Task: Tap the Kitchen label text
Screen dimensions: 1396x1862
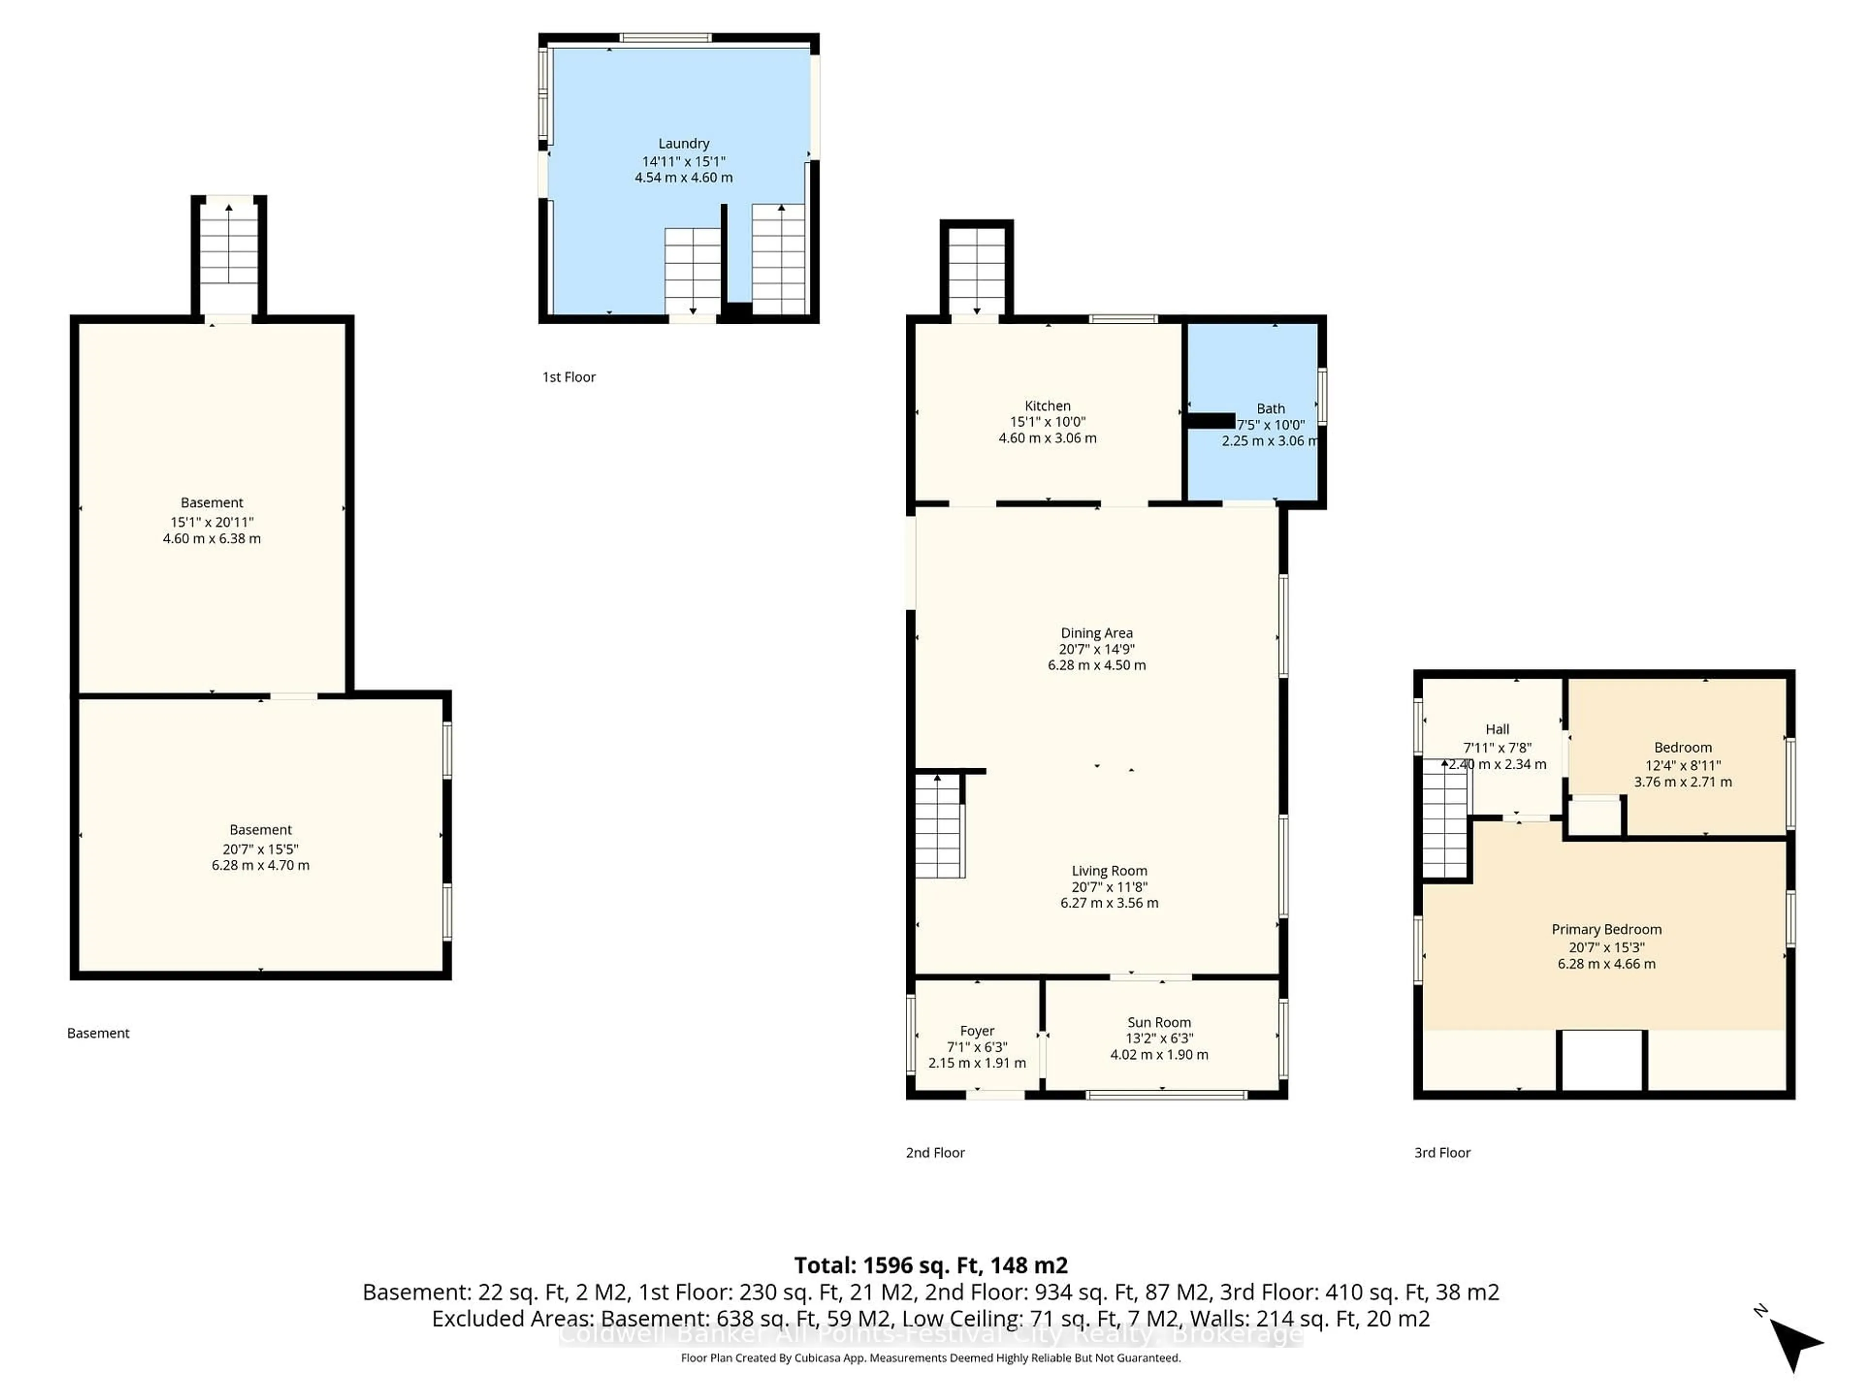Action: [1047, 406]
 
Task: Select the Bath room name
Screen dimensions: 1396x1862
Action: [1270, 408]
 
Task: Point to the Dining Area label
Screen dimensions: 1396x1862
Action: [1096, 633]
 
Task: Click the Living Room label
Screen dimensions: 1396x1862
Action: [1108, 871]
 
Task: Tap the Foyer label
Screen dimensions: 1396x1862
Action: [977, 1031]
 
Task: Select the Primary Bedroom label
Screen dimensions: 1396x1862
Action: [1606, 930]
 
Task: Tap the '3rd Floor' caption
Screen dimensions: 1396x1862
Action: [1442, 1153]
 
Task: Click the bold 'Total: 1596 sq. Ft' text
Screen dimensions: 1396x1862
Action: [930, 1266]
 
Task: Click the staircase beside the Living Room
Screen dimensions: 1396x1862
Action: [939, 826]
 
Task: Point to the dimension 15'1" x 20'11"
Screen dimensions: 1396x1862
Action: [211, 522]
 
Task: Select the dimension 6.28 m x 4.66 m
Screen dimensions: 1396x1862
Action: [1606, 964]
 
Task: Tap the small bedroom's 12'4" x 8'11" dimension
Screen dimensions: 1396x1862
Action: [1683, 765]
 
